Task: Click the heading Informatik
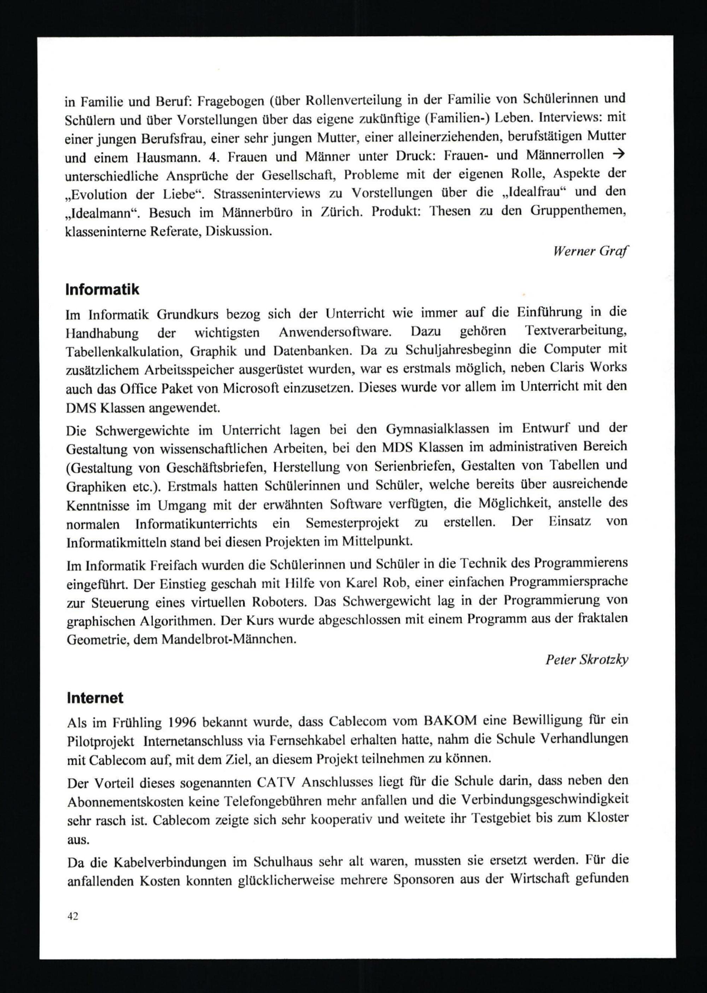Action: (x=102, y=290)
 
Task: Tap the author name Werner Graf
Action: (x=590, y=252)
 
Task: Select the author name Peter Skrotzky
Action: (x=586, y=660)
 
